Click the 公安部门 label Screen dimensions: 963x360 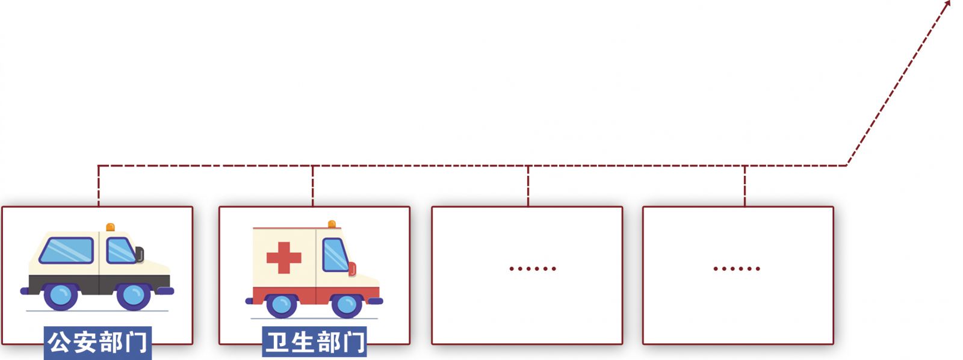pos(98,343)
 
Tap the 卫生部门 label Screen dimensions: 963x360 pos(314,342)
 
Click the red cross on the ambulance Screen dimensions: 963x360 pos(283,258)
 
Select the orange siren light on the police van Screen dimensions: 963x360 pos(111,227)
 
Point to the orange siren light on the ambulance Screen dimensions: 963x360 pos(332,224)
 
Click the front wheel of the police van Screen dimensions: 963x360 pos(133,296)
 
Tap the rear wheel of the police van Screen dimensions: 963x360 pos(60,296)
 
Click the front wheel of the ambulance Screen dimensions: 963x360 pos(346,305)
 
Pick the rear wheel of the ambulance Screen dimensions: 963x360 pos(282,305)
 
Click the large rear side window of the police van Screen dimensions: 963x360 pos(66,250)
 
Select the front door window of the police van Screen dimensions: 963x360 pos(121,250)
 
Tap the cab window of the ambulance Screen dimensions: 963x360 pos(335,255)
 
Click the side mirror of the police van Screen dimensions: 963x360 pos(140,255)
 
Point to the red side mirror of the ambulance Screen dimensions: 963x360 pos(352,269)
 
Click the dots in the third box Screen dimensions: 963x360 pos(533,269)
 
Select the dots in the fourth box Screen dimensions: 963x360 pos(737,269)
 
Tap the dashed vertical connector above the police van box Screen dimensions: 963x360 pos(99,186)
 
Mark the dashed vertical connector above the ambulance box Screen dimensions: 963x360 pos(312,186)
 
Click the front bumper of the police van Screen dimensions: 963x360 pos(165,291)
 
